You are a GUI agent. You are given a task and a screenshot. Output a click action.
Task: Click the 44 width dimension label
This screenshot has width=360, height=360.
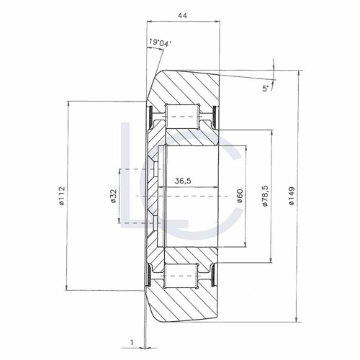(x=182, y=16)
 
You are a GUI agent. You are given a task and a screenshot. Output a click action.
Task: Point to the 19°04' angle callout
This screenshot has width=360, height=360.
(x=160, y=42)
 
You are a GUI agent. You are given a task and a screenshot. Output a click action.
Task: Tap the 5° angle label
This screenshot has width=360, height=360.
(x=265, y=89)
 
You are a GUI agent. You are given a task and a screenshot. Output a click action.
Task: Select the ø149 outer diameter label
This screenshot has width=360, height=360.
(x=292, y=196)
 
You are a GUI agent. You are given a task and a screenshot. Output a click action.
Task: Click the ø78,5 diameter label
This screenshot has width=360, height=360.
(x=265, y=196)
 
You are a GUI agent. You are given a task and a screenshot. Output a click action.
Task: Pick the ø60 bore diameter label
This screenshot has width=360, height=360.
(x=240, y=196)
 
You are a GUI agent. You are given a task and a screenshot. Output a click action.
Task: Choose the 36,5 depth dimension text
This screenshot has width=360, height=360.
(x=183, y=181)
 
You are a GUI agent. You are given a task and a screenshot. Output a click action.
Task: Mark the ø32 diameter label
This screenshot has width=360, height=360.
(x=114, y=196)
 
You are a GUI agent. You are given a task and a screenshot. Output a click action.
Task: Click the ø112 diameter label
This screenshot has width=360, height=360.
(x=62, y=196)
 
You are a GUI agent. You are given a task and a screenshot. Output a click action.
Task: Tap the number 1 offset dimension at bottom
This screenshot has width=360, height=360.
(x=132, y=342)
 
